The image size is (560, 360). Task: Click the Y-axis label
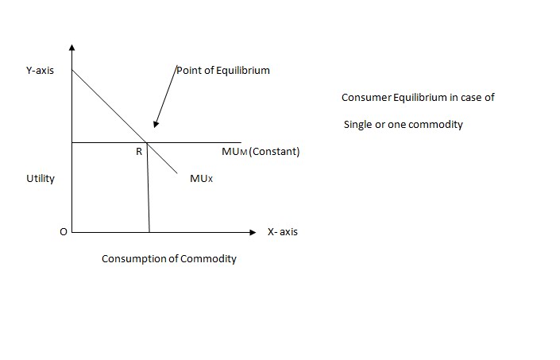point(40,71)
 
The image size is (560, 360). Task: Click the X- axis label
point(283,232)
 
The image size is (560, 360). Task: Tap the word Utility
point(41,178)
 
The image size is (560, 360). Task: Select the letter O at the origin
point(63,232)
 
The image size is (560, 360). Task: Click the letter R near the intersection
point(139,152)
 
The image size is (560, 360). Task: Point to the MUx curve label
point(202,179)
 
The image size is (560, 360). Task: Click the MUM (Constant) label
point(261,152)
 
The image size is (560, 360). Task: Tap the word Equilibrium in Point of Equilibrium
point(242,70)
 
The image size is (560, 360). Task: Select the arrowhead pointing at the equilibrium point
point(156,124)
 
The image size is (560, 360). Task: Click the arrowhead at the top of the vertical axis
point(72,47)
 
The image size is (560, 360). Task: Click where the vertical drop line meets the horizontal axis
point(149,233)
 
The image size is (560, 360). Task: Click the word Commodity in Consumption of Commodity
point(209,259)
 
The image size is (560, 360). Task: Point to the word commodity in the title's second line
point(435,125)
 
